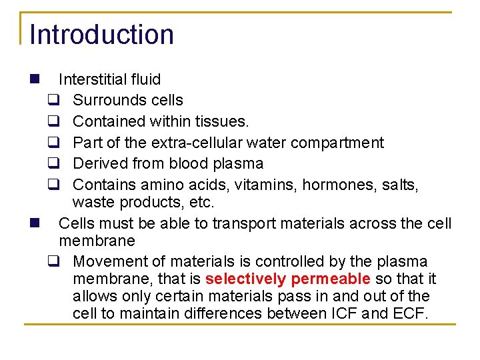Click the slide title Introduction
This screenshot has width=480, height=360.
click(x=101, y=35)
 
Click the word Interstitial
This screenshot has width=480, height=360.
click(x=91, y=79)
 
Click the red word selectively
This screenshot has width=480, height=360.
click(x=246, y=279)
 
